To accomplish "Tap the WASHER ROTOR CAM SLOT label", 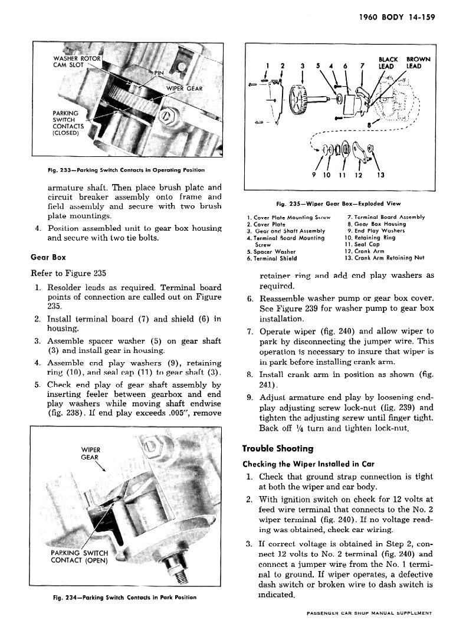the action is coord(77,61).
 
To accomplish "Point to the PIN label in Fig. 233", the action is coord(159,73).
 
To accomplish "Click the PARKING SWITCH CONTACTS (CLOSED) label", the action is coord(68,123).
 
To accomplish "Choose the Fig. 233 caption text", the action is coord(126,170).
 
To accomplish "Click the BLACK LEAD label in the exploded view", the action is coord(388,63).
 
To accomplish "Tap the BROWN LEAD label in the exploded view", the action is coord(418,63).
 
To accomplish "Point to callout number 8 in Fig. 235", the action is coord(370,124).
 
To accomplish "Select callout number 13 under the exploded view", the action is coord(380,175).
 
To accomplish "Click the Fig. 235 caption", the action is coord(338,204).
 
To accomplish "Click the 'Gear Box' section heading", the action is coord(48,258).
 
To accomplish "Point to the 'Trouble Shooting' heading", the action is coord(278,448).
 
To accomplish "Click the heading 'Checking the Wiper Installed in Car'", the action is coord(309,464).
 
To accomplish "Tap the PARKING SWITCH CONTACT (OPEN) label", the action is coord(80,557).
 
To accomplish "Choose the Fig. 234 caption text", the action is coord(124,597).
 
